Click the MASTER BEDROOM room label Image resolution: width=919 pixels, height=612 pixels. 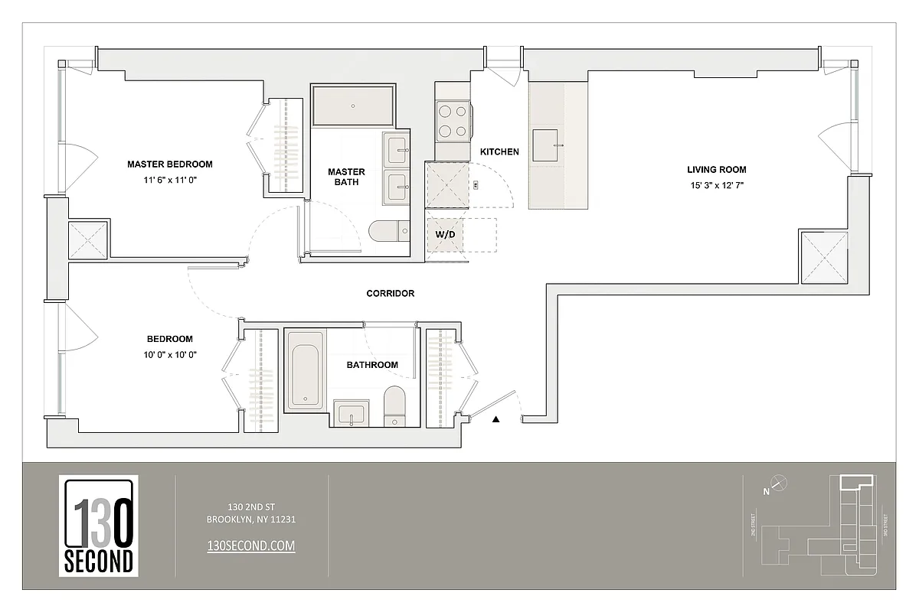point(169,164)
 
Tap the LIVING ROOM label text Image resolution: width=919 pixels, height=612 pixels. point(716,170)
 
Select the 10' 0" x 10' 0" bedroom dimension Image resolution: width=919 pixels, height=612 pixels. point(169,354)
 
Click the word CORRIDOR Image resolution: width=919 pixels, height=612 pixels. point(390,294)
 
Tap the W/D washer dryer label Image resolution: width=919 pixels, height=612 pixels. point(445,234)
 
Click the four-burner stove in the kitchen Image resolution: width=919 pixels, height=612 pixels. point(452,121)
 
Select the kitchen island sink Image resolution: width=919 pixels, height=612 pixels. point(548,145)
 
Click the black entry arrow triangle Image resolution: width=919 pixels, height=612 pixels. point(496,419)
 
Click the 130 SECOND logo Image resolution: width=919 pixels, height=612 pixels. point(98,526)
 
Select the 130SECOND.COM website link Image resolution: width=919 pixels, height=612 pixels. point(251,545)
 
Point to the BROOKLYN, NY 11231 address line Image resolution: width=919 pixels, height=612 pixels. point(251,519)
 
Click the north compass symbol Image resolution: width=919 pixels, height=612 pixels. point(778,482)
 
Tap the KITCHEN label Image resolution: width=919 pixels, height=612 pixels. point(499,152)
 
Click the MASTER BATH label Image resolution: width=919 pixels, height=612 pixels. point(346,177)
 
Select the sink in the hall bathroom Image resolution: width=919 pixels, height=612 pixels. point(352,414)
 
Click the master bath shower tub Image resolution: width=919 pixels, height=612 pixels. point(353,106)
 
